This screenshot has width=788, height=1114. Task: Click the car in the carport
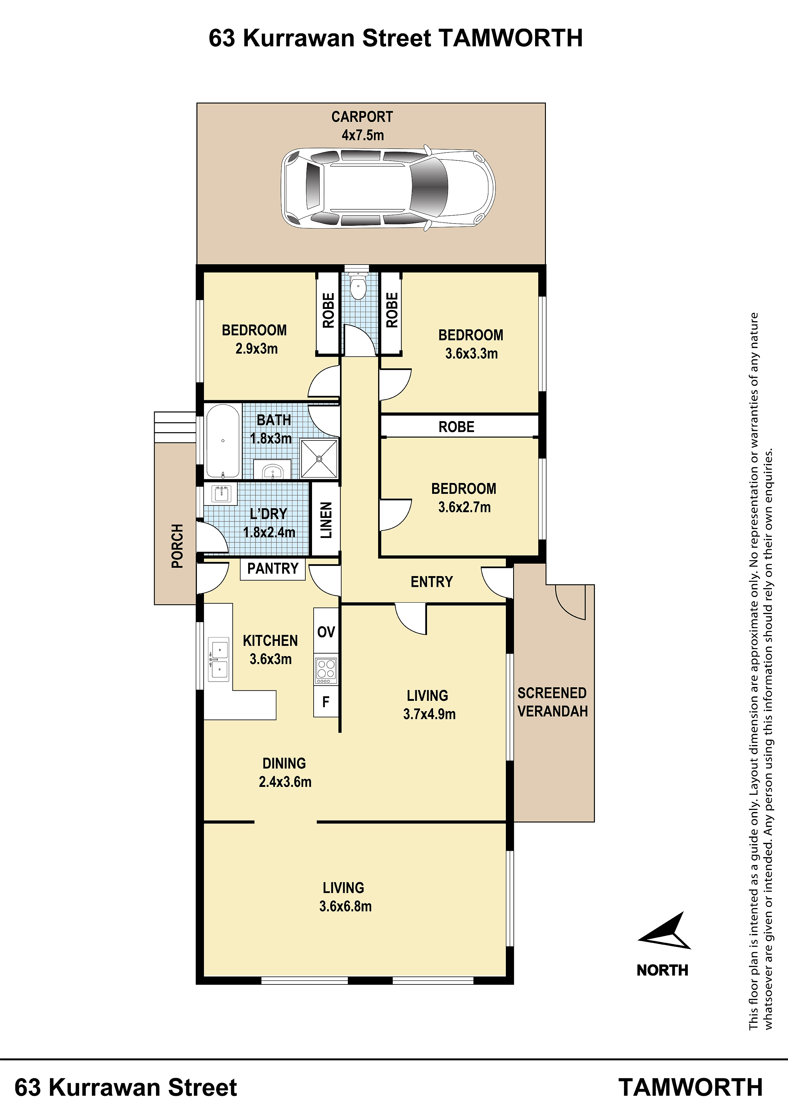[388, 188]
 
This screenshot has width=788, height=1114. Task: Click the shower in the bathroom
[319, 459]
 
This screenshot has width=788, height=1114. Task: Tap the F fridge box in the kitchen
[326, 701]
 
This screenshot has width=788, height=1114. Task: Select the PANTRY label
[273, 569]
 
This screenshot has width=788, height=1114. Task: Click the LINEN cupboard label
[326, 520]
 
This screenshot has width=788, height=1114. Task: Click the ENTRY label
[431, 582]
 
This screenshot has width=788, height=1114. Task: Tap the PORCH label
[177, 546]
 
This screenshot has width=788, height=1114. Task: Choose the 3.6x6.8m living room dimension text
[345, 906]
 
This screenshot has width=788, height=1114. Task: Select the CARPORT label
[362, 117]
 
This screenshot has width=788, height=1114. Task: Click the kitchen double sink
[219, 659]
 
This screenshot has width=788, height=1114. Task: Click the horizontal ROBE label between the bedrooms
[456, 427]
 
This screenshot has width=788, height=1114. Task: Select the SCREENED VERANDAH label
[553, 702]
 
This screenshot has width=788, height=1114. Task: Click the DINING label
[284, 763]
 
